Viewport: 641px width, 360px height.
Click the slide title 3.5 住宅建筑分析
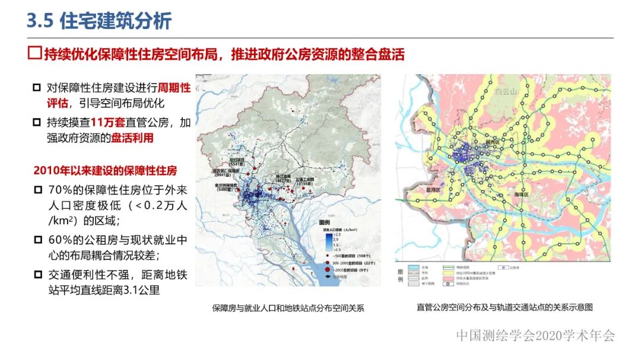[99, 21]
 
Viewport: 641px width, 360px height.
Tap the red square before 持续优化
[35, 54]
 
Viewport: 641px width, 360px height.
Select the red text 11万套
[109, 123]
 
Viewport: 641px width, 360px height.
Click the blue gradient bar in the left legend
[328, 240]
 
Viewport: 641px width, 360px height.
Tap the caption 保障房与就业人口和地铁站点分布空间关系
[288, 308]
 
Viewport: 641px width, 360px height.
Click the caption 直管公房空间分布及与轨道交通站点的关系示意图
[504, 307]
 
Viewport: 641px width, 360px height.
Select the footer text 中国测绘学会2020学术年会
[535, 336]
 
